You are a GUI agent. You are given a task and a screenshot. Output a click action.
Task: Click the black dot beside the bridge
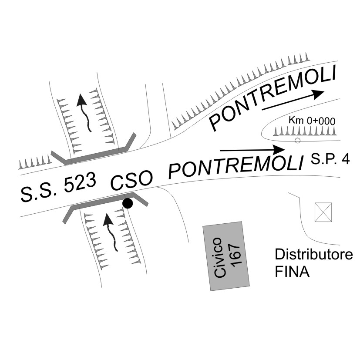[127, 203]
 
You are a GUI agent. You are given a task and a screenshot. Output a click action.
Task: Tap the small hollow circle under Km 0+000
[297, 140]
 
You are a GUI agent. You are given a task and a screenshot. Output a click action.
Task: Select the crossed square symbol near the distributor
[323, 212]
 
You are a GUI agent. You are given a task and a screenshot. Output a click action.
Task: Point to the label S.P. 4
[330, 160]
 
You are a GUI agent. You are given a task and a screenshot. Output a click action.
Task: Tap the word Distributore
[313, 254]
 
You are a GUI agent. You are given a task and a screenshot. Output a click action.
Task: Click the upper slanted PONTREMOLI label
[273, 98]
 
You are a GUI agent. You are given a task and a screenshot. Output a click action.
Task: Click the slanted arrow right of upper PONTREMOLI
[293, 100]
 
